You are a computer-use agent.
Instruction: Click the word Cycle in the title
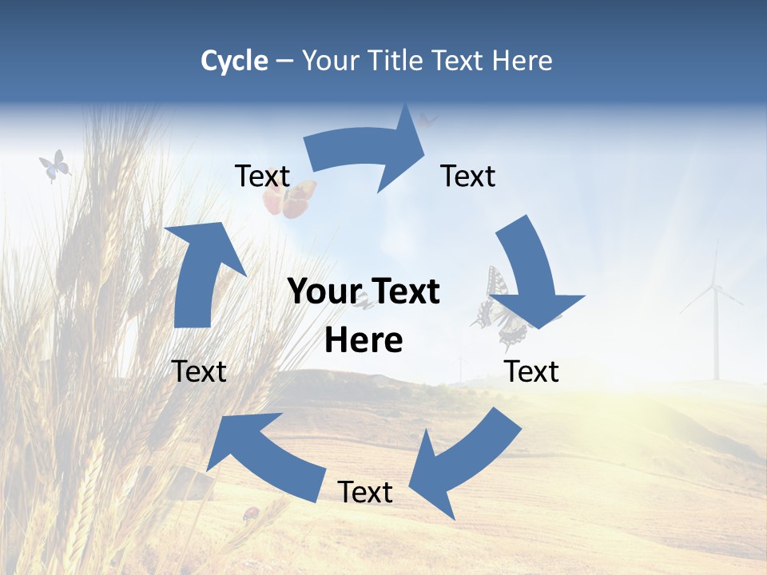pyautogui.click(x=234, y=61)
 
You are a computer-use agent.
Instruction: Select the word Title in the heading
pyautogui.click(x=398, y=61)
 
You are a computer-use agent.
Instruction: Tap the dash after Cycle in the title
pyautogui.click(x=284, y=61)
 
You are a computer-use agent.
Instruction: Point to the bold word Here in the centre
pyautogui.click(x=364, y=341)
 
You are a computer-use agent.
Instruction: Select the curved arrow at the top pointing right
pyautogui.click(x=368, y=152)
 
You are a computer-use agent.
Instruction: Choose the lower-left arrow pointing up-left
pyautogui.click(x=264, y=455)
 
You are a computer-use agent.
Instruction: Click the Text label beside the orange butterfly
pyautogui.click(x=262, y=176)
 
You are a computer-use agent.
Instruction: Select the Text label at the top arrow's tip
pyautogui.click(x=468, y=176)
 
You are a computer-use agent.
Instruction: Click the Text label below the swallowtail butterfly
pyautogui.click(x=531, y=371)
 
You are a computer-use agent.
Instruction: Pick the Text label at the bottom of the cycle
pyautogui.click(x=365, y=492)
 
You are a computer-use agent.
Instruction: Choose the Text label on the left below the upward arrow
pyautogui.click(x=199, y=371)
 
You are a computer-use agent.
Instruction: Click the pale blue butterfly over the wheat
pyautogui.click(x=54, y=165)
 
